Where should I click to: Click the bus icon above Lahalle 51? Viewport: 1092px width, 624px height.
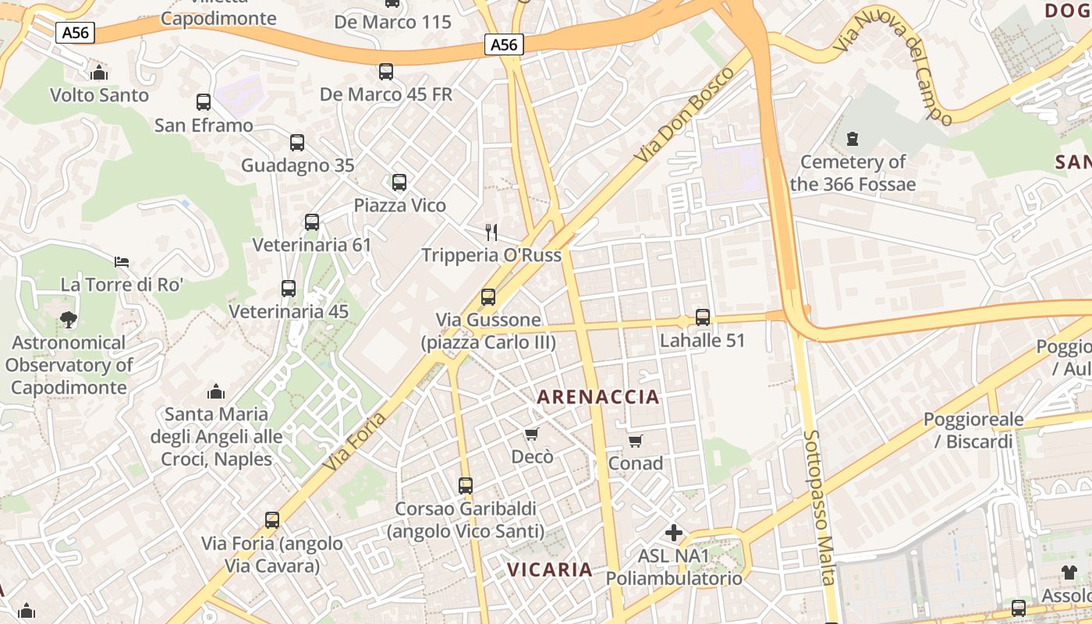tap(703, 317)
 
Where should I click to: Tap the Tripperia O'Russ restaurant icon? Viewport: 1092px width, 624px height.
tap(491, 232)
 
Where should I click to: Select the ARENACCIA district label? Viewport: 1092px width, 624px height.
tap(598, 397)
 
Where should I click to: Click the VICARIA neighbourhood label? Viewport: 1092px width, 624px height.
tap(550, 569)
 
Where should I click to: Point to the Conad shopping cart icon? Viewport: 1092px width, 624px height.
tap(636, 441)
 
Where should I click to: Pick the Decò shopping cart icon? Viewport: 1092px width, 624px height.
tap(532, 434)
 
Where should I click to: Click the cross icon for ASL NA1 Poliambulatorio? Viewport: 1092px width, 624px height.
tap(674, 533)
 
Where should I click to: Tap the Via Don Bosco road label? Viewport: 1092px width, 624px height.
tap(684, 115)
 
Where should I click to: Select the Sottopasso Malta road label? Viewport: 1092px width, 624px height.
tap(820, 506)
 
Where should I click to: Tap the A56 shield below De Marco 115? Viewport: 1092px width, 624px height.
tap(504, 44)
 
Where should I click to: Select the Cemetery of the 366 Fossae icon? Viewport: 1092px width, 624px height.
tap(853, 139)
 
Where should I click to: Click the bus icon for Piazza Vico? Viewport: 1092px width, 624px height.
tap(399, 183)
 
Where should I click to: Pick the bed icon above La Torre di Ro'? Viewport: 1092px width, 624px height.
tap(122, 261)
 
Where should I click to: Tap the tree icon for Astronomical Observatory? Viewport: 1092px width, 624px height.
tap(69, 319)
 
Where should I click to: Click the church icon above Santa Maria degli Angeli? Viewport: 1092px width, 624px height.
tap(216, 391)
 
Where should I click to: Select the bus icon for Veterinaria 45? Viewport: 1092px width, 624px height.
tap(289, 289)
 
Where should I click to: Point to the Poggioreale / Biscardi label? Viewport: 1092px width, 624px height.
tap(973, 431)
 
